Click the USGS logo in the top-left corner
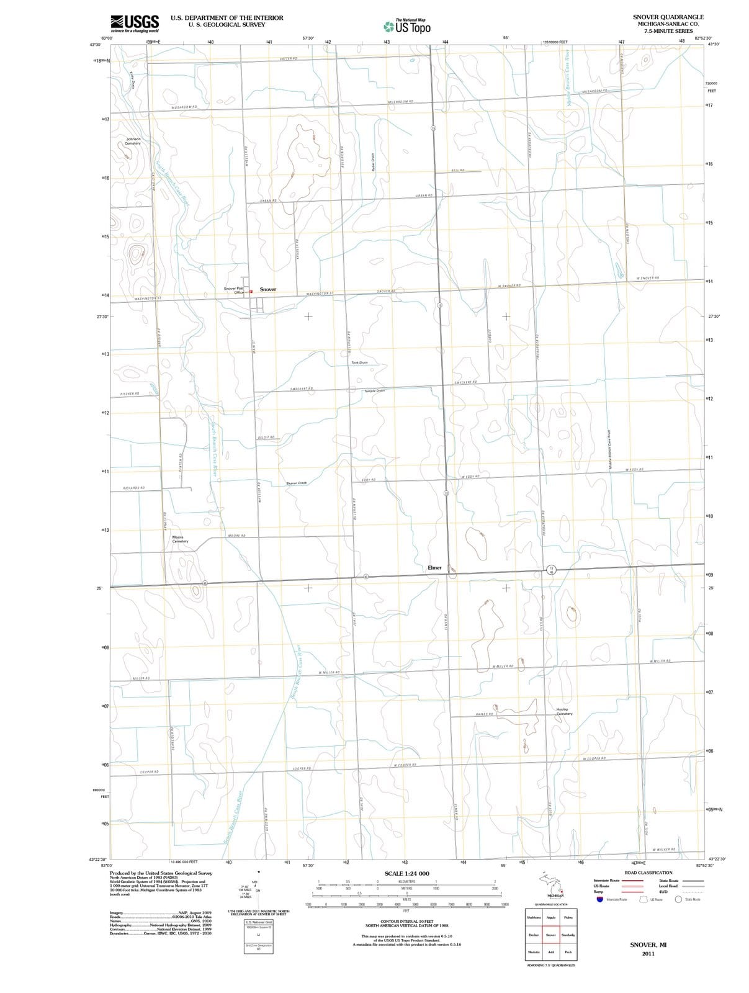[134, 23]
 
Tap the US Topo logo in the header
[407, 26]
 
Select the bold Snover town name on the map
[268, 289]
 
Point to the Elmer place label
[434, 567]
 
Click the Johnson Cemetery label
[133, 141]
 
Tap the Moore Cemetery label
[179, 539]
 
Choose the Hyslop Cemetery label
[563, 711]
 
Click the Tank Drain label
[359, 362]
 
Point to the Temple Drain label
[374, 390]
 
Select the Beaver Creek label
[297, 483]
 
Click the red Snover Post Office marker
[251, 291]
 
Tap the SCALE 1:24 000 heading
[406, 873]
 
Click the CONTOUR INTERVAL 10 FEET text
[406, 921]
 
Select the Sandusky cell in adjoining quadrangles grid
[568, 935]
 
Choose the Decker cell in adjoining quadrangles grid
[533, 935]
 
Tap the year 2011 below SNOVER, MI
[648, 953]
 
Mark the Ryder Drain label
[372, 163]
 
